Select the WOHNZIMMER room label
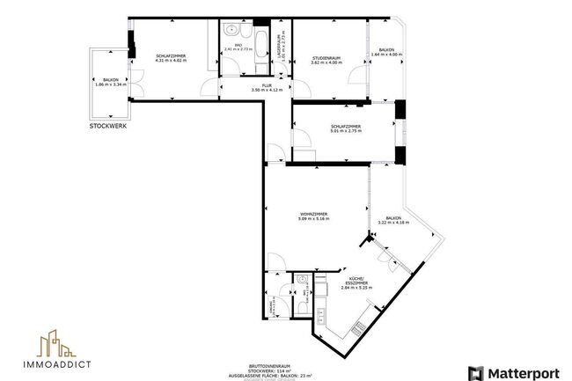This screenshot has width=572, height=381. coord(314,216)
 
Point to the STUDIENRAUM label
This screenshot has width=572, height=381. coord(326,59)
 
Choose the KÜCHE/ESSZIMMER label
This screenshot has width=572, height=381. coord(360,282)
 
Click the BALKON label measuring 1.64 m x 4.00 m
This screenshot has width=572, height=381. coord(386,52)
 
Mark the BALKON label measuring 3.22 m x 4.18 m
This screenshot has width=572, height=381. coord(393,220)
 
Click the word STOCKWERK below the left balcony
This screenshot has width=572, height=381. coord(108,126)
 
